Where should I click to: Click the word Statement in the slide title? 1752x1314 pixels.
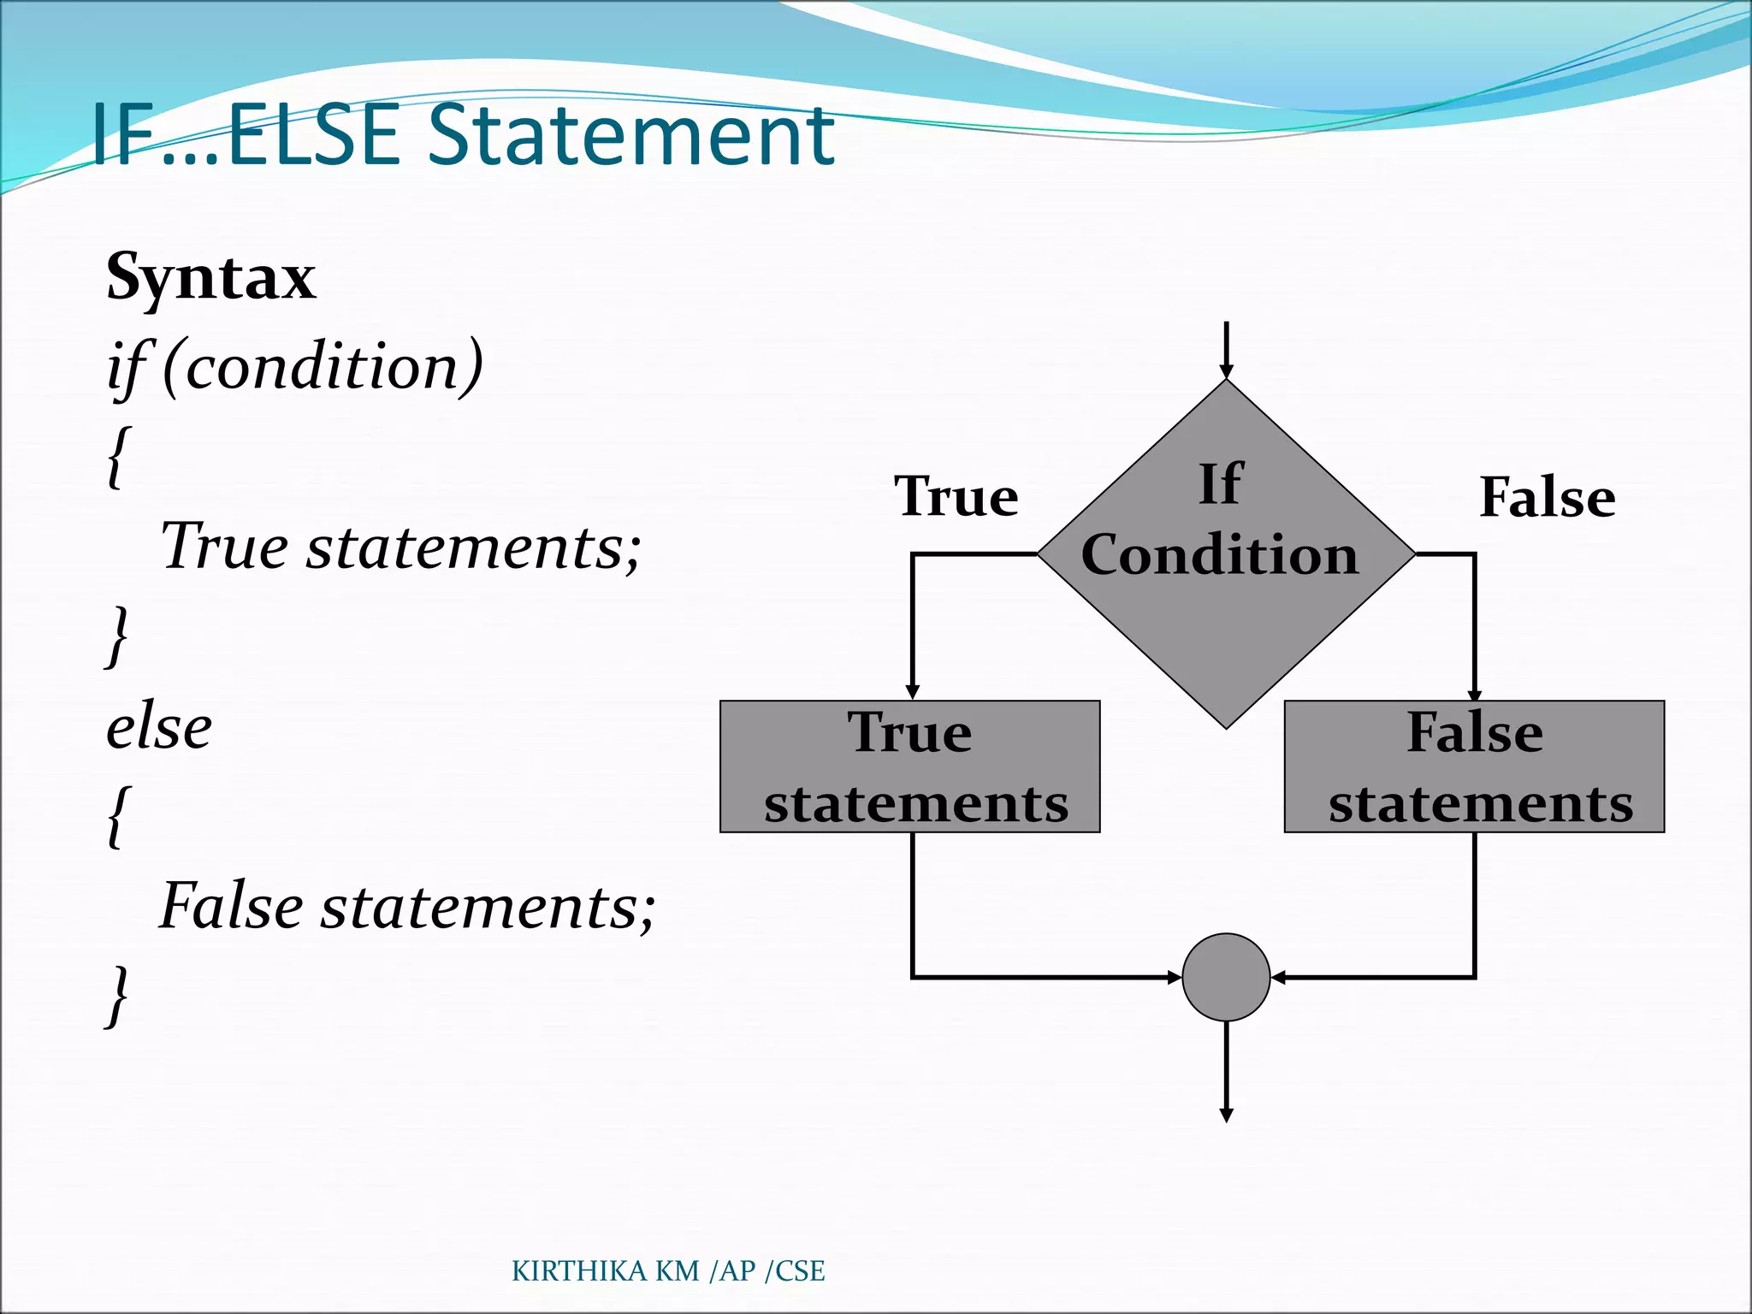[630, 134]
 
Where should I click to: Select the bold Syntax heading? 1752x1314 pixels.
[210, 276]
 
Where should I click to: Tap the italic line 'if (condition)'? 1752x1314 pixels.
[295, 367]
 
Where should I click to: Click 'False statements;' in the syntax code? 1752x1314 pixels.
[407, 906]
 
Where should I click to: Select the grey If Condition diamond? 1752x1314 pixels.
[1225, 599]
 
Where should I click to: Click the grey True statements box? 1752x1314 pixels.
[909, 766]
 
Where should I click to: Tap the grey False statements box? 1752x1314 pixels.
[1474, 766]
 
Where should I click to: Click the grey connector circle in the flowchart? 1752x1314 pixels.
[1225, 977]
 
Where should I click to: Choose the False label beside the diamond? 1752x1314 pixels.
[1547, 497]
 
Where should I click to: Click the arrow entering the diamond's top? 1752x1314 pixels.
[1226, 351]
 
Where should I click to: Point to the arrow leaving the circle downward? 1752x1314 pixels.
[1226, 1074]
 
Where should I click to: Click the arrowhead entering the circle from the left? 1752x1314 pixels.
[1174, 977]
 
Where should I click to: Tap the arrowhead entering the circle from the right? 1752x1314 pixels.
[1278, 977]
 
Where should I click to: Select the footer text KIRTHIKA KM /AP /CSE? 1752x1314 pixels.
[668, 1271]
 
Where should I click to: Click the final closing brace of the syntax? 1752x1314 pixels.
[117, 997]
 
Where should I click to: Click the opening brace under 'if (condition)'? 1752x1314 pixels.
[119, 457]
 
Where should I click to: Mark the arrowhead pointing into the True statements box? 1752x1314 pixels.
[913, 691]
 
